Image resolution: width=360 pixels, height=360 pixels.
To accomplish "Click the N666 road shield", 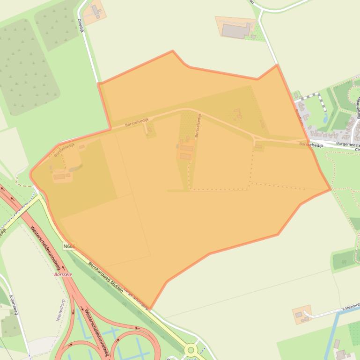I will tap(69, 245).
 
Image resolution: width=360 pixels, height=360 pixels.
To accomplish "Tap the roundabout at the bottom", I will tap(191, 349).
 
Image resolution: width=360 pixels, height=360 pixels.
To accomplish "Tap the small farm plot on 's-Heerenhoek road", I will tap(302, 314).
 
